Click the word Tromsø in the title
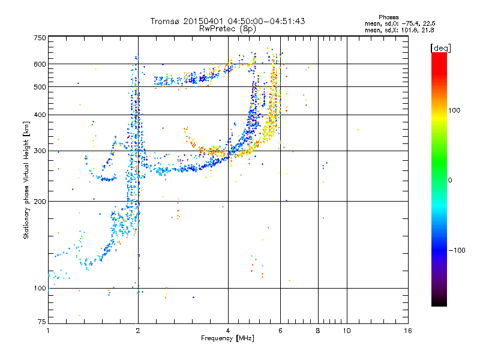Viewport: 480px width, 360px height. click(166, 21)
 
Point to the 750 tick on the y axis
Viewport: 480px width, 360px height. click(40, 38)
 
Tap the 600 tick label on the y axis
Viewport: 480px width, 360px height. click(40, 64)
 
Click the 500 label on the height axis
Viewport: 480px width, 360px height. click(40, 87)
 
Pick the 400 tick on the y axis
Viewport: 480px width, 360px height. click(40, 115)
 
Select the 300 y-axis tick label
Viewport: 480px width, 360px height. click(40, 151)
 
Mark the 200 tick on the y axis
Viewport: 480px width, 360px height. click(40, 202)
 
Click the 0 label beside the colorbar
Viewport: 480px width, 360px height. click(451, 180)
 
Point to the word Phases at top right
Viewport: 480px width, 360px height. click(389, 17)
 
